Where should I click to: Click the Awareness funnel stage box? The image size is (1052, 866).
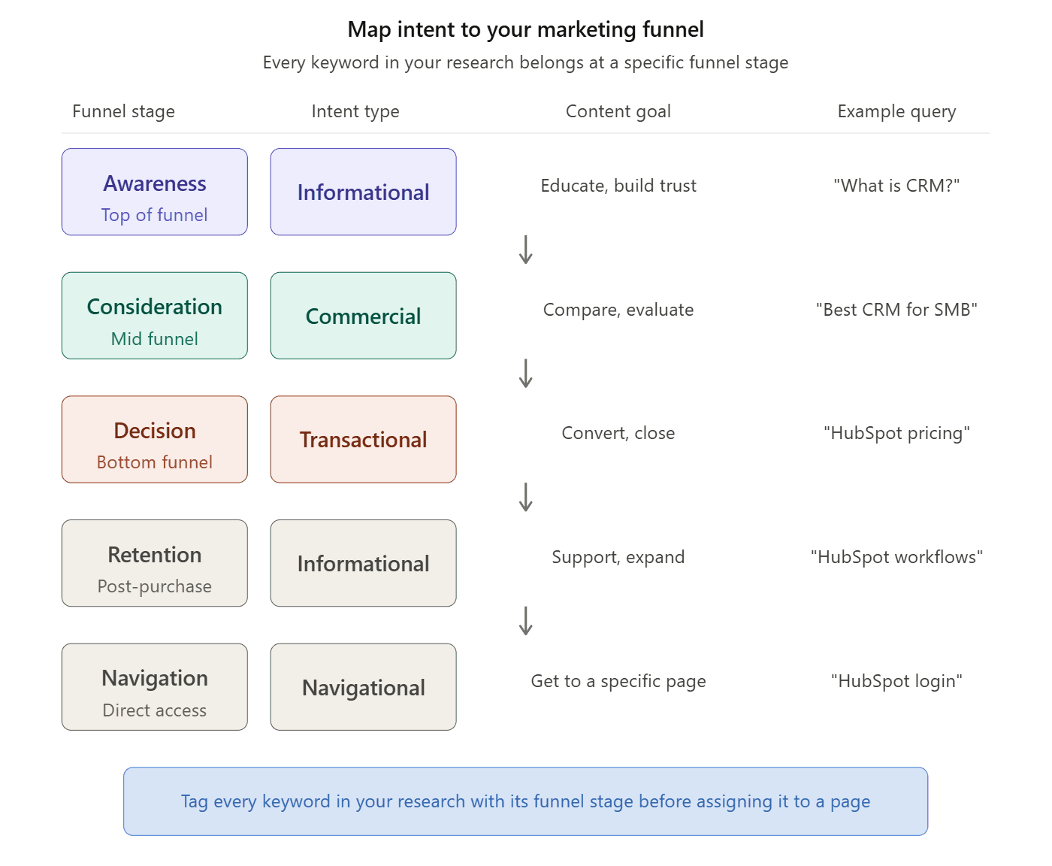pos(154,192)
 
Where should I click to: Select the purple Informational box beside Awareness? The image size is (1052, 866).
pos(363,192)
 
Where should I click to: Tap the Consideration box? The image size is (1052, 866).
pos(154,316)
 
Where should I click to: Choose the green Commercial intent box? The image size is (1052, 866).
pos(363,316)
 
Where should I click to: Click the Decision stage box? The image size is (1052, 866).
pos(154,440)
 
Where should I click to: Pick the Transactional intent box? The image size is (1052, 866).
pos(363,440)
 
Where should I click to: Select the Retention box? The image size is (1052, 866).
pos(154,563)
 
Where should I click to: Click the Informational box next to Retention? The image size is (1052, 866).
pos(363,563)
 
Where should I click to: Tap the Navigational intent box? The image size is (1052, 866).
pos(363,687)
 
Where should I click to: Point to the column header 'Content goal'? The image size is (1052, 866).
pos(618,111)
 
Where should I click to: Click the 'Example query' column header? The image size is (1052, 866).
pos(896,111)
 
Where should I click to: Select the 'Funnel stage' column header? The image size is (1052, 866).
pos(123,111)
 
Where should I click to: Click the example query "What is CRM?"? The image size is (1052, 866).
pos(896,186)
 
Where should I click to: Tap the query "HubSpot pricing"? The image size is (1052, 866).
pos(896,433)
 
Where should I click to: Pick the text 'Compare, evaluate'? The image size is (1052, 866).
pos(618,310)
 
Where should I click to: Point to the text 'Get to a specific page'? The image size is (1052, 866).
pos(618,681)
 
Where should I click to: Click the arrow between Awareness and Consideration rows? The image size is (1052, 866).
pos(526,250)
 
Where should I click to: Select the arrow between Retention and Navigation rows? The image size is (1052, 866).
pos(526,621)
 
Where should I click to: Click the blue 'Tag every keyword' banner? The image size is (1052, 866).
pos(525,801)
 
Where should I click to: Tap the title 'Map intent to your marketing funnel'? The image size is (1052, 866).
pos(525,29)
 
